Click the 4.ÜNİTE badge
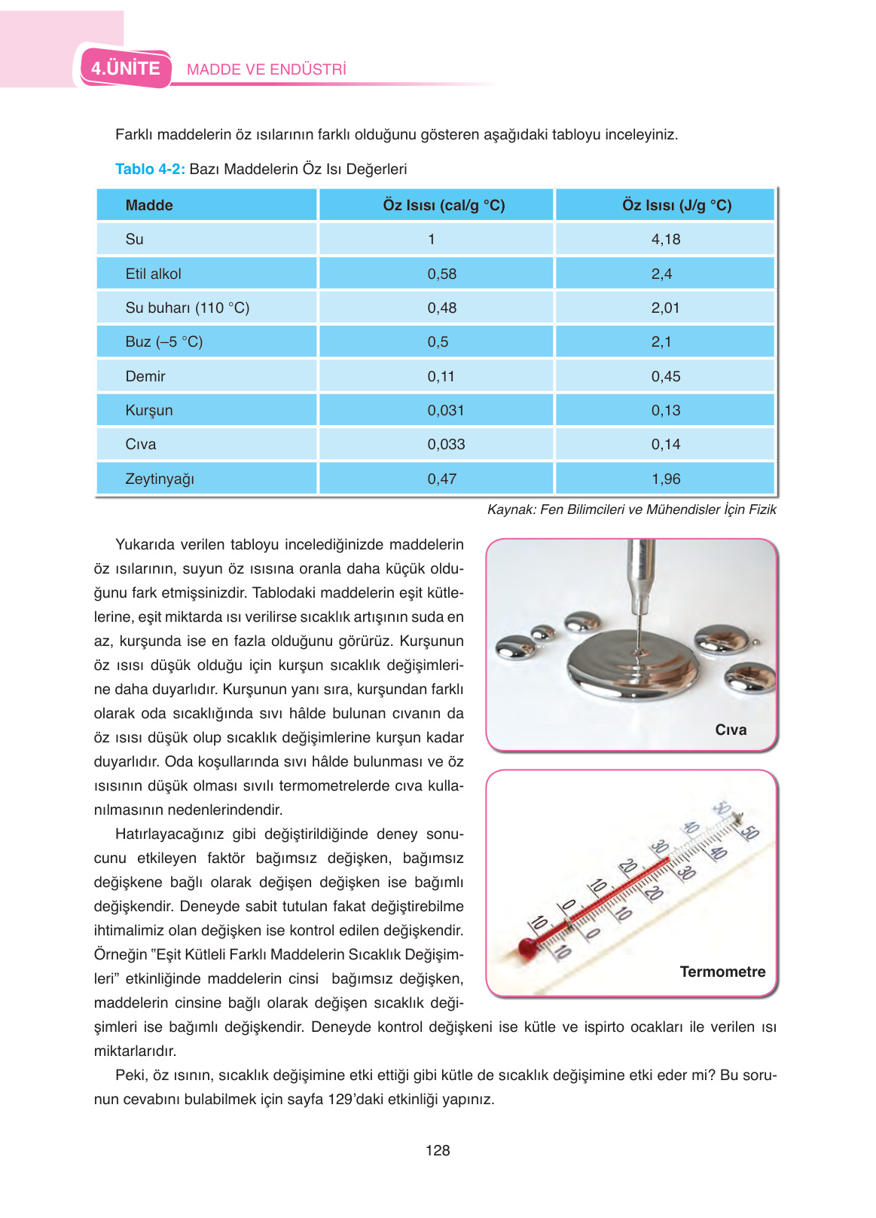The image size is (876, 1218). click(x=126, y=69)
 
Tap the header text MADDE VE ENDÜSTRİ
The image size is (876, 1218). click(x=266, y=69)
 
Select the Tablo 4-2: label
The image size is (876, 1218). click(x=150, y=169)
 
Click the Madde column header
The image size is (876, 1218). click(x=149, y=205)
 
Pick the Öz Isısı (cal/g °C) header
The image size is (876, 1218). click(x=443, y=205)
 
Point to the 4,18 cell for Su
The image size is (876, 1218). click(x=665, y=239)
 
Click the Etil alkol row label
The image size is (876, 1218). click(x=153, y=274)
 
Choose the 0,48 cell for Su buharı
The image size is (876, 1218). click(x=441, y=308)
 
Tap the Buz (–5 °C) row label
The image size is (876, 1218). click(x=163, y=341)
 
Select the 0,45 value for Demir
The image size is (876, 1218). click(x=665, y=376)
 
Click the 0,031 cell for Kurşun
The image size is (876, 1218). click(x=445, y=410)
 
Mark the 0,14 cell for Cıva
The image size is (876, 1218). click(x=665, y=444)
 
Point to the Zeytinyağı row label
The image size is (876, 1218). click(x=159, y=479)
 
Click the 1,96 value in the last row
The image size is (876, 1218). click(x=665, y=479)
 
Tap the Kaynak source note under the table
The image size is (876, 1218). click(x=631, y=510)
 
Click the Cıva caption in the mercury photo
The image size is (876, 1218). click(x=730, y=730)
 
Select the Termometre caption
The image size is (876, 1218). click(x=722, y=972)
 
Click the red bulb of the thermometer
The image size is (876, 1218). click(x=527, y=947)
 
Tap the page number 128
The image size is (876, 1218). click(x=437, y=1150)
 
